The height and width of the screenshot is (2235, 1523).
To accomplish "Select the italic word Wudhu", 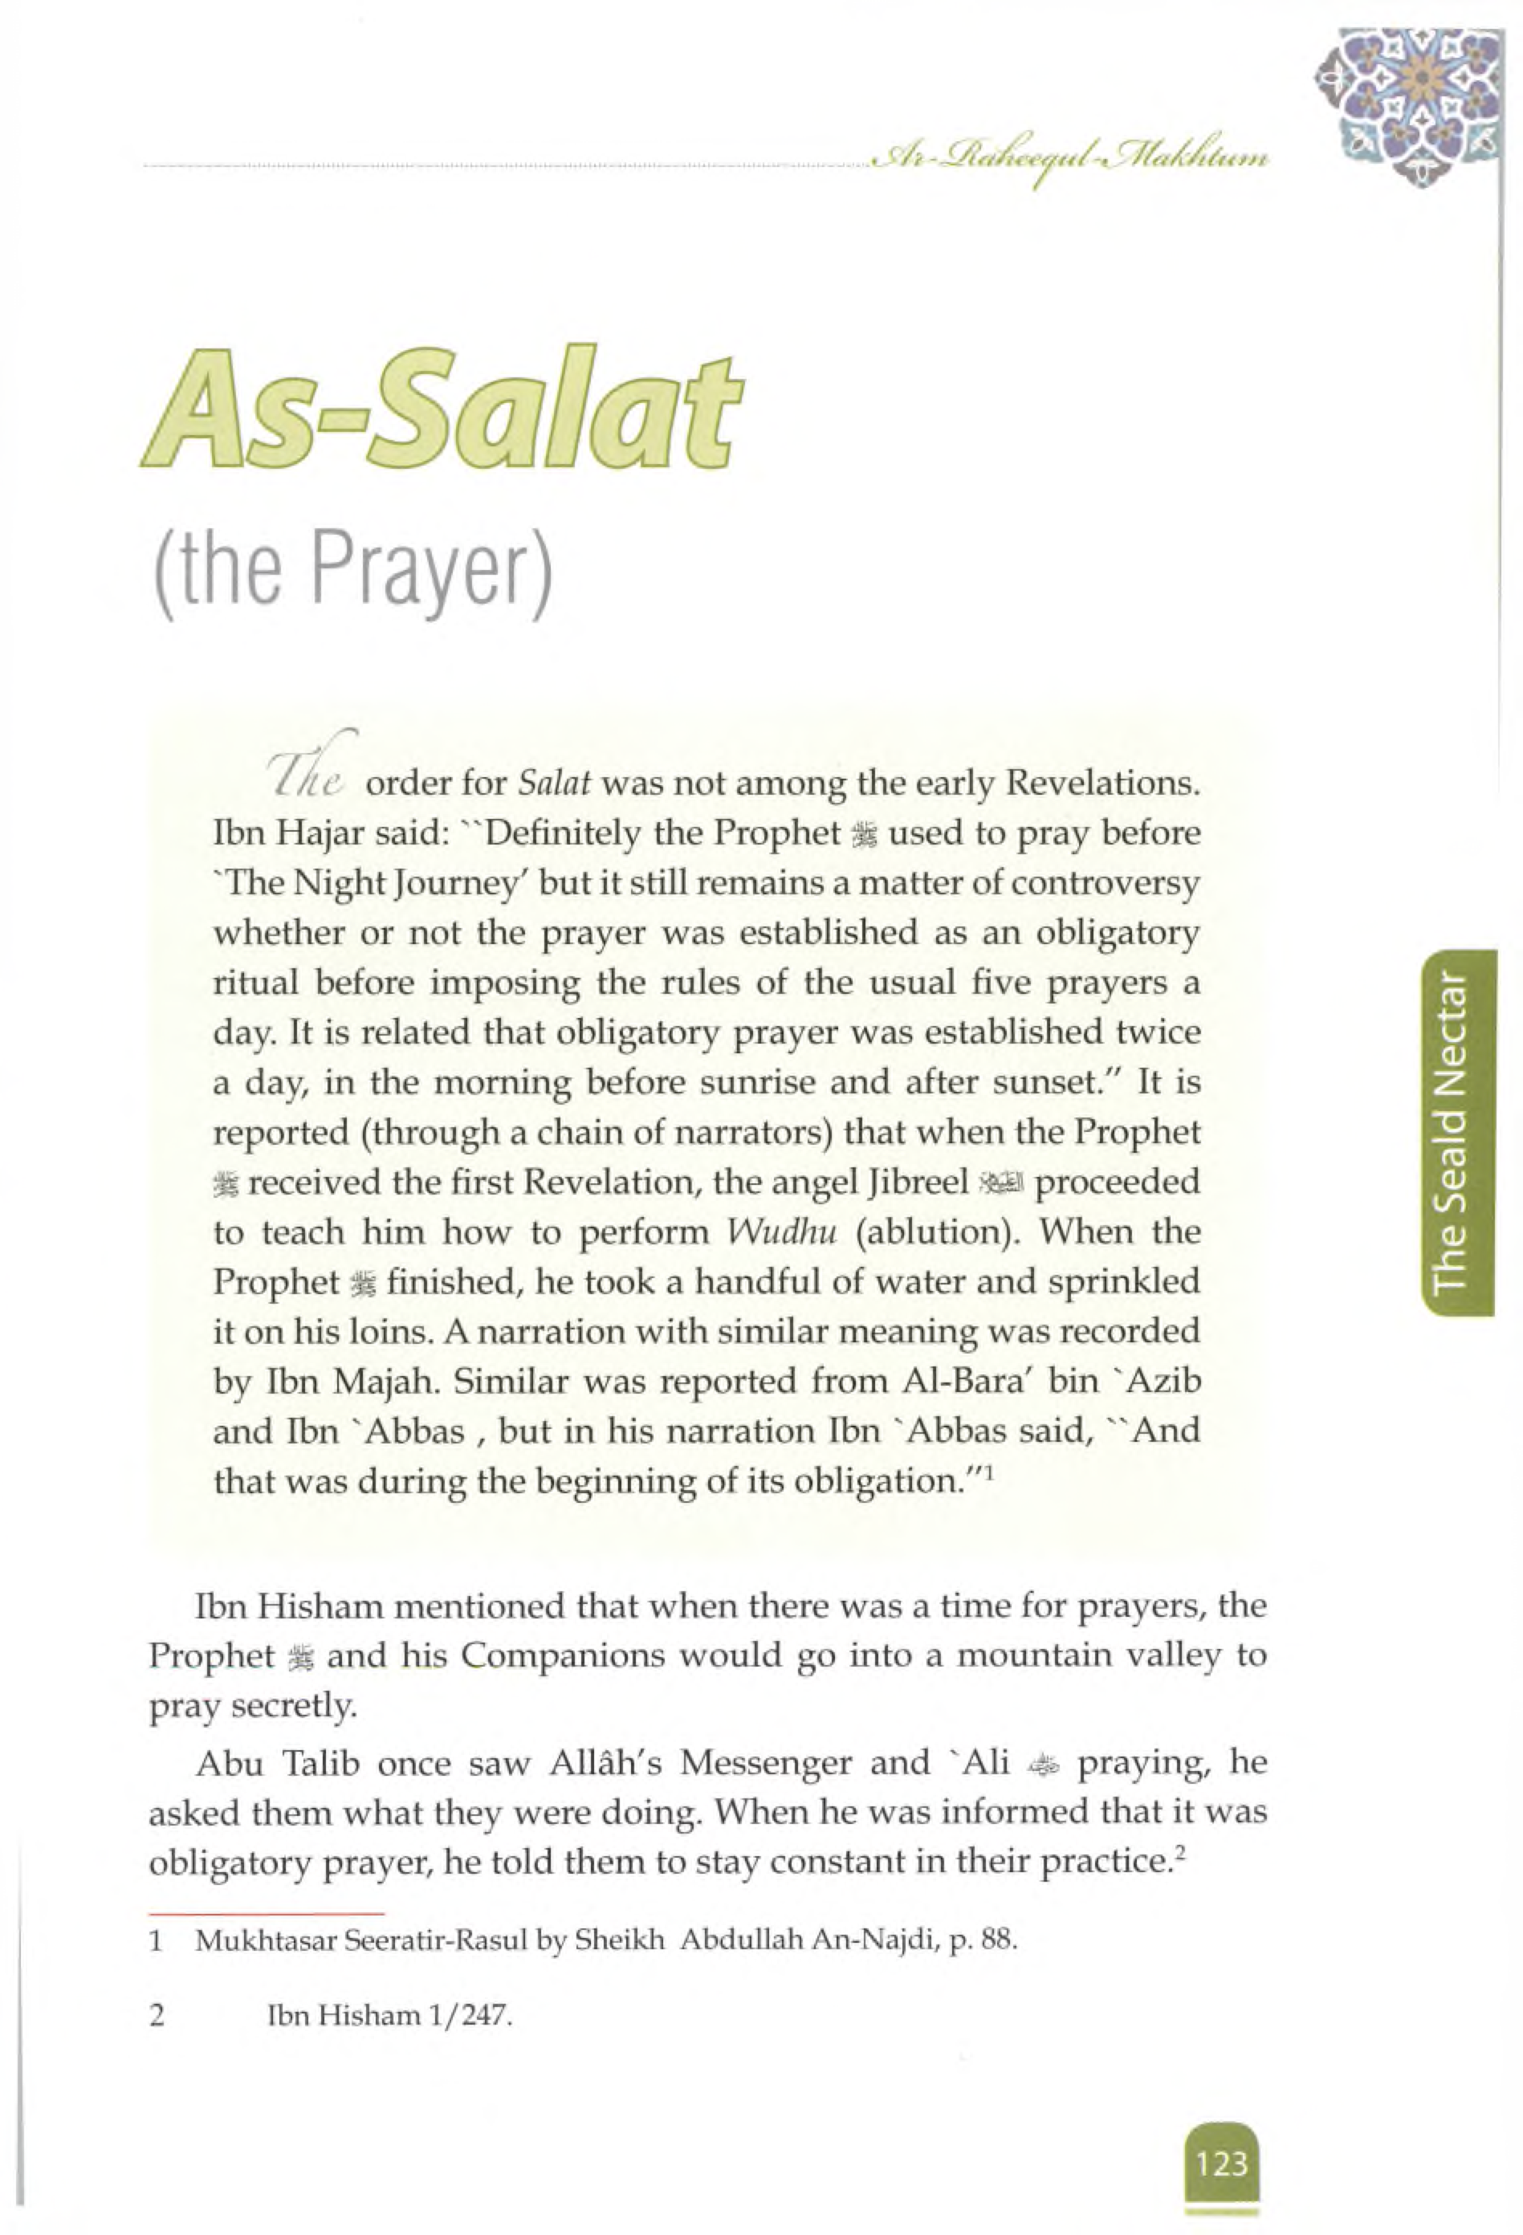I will click(x=779, y=1233).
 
